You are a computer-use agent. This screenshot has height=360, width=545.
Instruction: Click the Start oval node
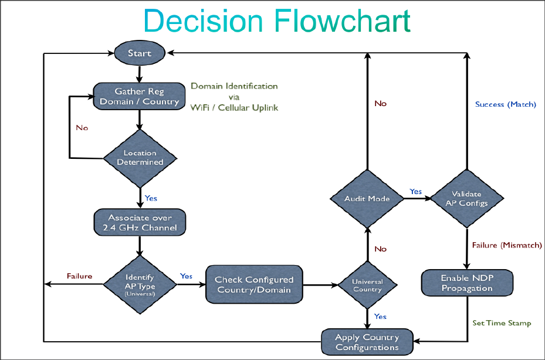pos(140,53)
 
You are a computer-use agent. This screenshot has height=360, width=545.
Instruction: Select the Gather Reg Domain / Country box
pos(139,96)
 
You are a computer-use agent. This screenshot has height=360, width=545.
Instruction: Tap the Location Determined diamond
pos(140,158)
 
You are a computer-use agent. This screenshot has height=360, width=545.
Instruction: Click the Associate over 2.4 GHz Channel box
pos(140,222)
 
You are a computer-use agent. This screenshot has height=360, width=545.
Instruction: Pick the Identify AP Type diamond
pos(140,284)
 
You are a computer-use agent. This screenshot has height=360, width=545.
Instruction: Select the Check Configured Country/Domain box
pos(254,284)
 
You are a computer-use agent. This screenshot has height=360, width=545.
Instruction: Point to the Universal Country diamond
pos(367,286)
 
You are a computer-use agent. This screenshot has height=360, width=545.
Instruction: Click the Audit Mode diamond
pos(367,199)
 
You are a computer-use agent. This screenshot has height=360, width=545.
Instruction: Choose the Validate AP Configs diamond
pos(467,199)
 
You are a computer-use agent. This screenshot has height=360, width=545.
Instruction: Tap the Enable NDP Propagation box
pos(467,283)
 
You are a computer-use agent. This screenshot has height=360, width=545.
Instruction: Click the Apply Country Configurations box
pos(367,342)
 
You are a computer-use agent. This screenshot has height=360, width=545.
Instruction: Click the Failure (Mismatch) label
pos(507,245)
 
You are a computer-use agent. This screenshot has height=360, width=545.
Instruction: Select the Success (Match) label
pos(506,104)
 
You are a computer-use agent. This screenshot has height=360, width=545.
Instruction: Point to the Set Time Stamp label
pos(502,323)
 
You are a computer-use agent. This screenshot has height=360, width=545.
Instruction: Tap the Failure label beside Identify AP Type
pos(80,276)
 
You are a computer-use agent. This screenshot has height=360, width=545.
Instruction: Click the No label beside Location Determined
pos(82,128)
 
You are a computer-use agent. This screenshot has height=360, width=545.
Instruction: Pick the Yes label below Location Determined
pos(151,198)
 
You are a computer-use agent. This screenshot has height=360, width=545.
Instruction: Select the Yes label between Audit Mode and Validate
pos(416,192)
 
